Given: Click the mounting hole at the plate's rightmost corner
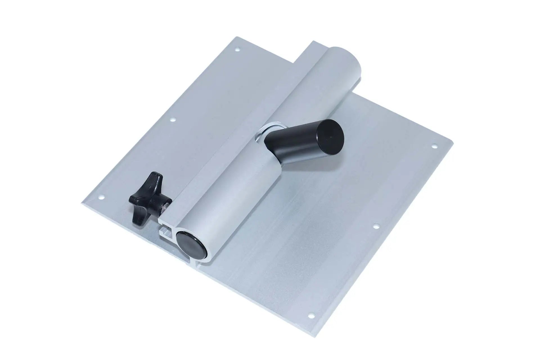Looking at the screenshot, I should click(433, 146).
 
